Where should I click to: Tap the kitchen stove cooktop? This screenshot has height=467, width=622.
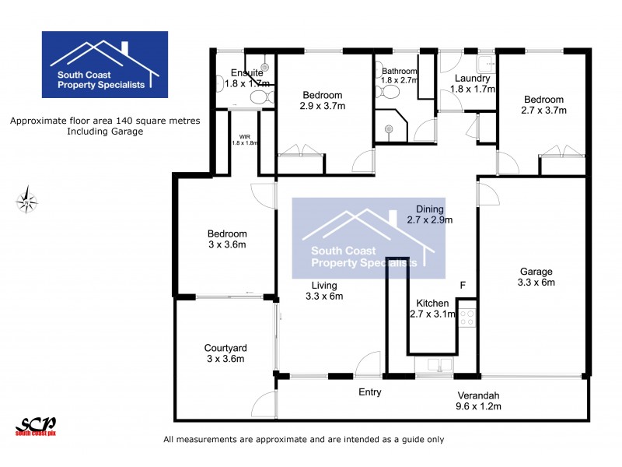point(467,317)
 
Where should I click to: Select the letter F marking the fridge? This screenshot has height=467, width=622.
point(463,286)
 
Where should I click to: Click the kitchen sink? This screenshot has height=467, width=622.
point(432,364)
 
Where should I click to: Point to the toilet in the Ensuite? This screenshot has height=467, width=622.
point(262,97)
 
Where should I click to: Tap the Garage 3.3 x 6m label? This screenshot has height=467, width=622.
point(536,277)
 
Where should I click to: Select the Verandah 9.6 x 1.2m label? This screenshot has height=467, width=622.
point(478,400)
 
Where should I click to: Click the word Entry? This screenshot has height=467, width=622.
point(369,392)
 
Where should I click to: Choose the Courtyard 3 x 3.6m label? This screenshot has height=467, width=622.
point(225,353)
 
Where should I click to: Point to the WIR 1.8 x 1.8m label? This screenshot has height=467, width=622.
point(244,140)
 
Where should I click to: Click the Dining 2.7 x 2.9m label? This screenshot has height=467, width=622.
point(429,214)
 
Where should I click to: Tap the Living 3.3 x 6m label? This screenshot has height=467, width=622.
point(324,290)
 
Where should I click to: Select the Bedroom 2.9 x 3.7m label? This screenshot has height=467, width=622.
point(322,100)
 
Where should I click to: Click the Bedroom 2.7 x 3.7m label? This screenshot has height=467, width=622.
point(543,105)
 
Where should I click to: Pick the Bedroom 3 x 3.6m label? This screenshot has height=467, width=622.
point(226,239)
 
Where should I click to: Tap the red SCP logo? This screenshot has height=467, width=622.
point(36,426)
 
